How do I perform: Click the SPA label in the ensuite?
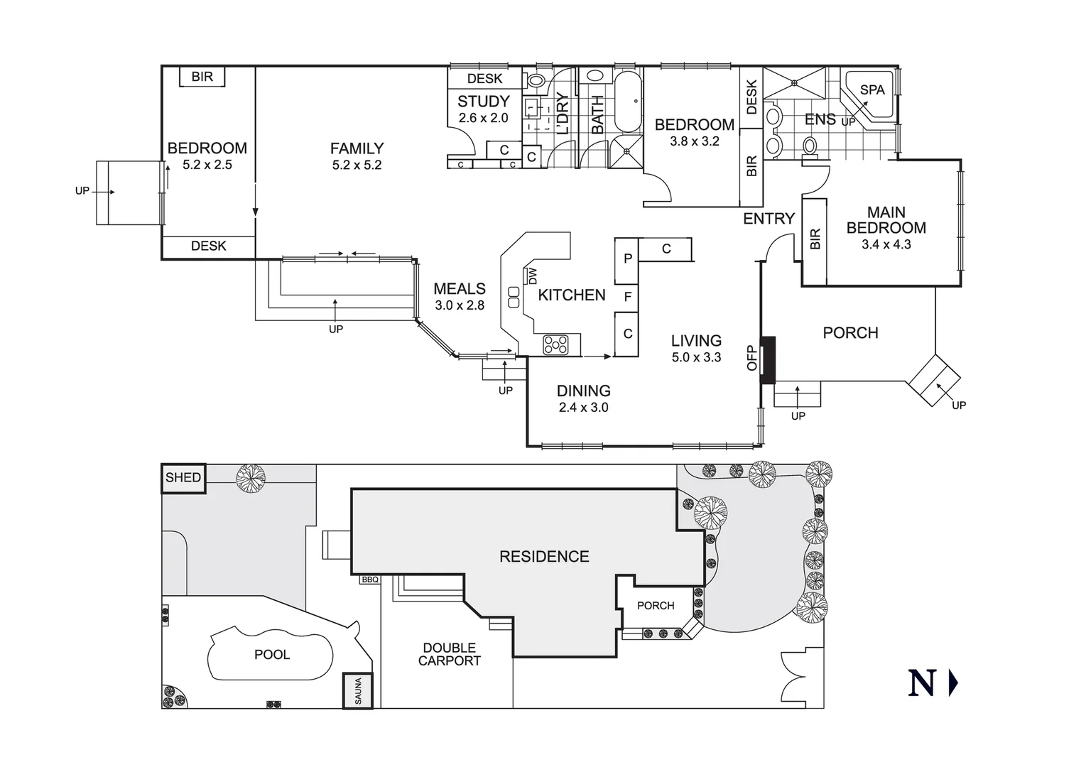pos(872,90)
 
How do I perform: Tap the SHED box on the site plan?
pos(183,478)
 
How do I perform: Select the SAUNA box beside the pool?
pos(358,690)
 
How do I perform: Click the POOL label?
pos(272,655)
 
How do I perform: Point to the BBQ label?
pos(369,580)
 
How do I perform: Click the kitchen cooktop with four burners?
pos(555,344)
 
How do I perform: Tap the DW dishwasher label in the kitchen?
pos(533,276)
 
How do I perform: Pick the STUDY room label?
pos(483,102)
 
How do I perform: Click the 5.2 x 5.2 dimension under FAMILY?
pos(357,165)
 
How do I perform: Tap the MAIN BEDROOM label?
pos(886,220)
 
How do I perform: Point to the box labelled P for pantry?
pos(627,259)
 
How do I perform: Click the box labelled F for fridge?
pos(627,297)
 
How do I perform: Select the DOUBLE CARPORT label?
pos(449,654)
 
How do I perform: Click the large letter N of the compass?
pos(921,683)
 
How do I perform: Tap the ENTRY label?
pos(769,219)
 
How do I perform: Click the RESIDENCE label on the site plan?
pos(544,557)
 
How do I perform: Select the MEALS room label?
pos(460,289)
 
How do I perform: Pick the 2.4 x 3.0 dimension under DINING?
pos(583,408)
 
